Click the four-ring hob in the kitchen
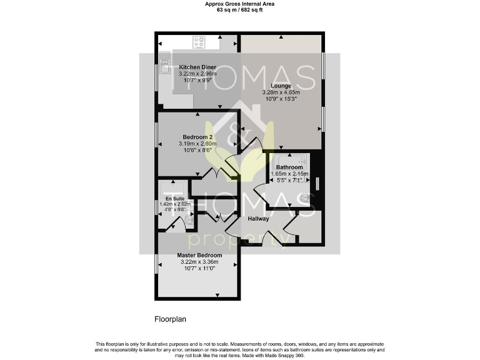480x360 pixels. [x=200, y=42]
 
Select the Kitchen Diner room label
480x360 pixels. [x=197, y=67]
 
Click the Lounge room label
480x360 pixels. [x=281, y=86]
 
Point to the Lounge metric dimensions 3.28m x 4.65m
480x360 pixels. [x=281, y=92]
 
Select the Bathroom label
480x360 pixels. [x=289, y=167]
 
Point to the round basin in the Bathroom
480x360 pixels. [x=305, y=198]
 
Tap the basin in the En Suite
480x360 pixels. [x=189, y=217]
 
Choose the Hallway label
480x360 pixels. [x=258, y=219]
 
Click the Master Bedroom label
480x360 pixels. [x=199, y=255]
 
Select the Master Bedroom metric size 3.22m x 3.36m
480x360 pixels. [x=199, y=262]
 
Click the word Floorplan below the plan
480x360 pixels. [x=170, y=319]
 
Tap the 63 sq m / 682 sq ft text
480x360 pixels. [x=239, y=10]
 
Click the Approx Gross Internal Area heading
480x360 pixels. [x=239, y=4]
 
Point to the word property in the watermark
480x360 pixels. [x=237, y=240]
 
